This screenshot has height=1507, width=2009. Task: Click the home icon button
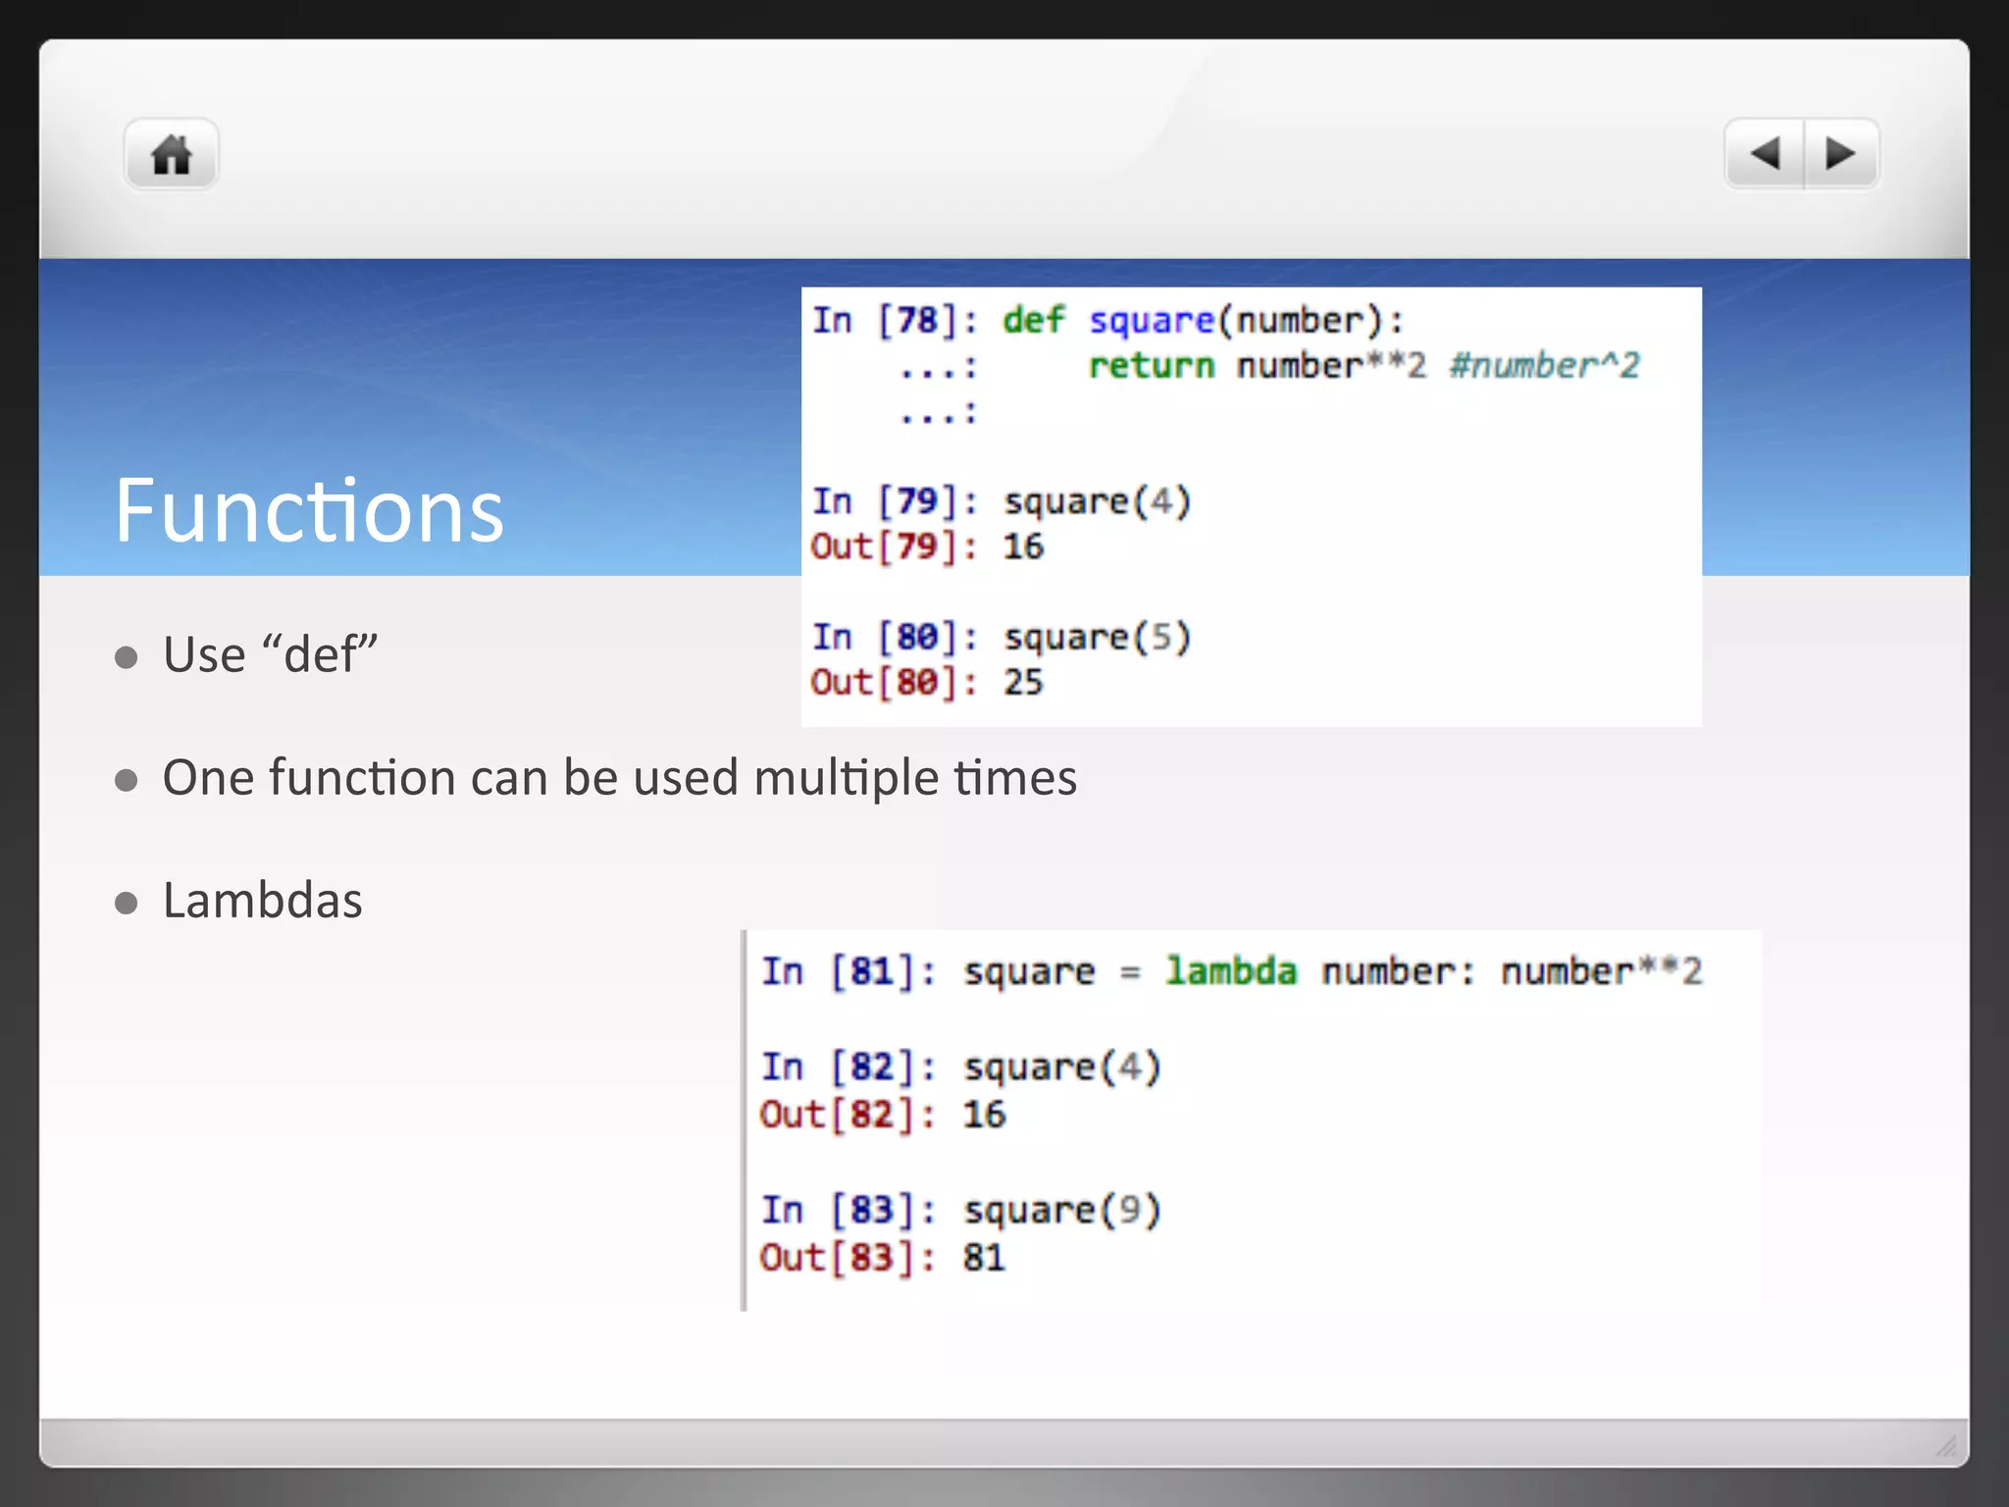pos(171,154)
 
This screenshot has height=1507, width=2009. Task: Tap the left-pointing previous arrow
pos(1765,153)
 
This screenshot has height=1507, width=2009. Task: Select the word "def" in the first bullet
pos(321,654)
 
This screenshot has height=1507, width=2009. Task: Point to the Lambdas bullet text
pos(262,901)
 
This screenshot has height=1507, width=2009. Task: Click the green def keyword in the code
pos(1033,320)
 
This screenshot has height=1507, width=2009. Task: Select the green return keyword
pos(1151,366)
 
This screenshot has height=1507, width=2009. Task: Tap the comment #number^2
pos(1544,366)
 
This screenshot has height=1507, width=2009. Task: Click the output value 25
pos(1023,682)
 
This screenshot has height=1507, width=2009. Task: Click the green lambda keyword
pos(1230,971)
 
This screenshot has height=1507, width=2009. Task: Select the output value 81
pos(984,1258)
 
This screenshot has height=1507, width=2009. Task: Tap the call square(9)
pos(1062,1211)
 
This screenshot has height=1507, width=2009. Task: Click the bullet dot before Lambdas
pos(126,903)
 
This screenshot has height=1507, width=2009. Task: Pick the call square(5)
pos(1097,638)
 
